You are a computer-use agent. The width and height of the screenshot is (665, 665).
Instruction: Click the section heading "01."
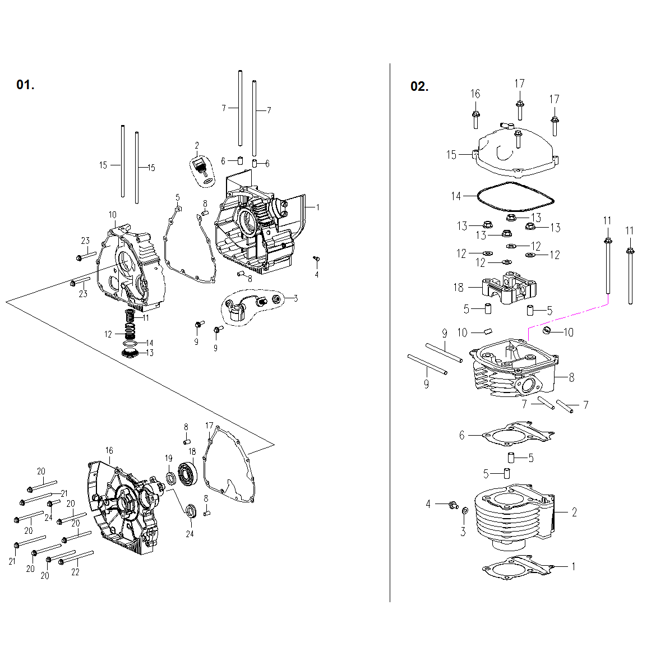(25, 85)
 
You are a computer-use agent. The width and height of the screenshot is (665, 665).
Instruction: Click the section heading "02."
(419, 86)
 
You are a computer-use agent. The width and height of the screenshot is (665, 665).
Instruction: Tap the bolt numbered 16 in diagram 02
(476, 119)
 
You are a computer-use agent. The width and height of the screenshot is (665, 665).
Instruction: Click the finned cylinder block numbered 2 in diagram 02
(513, 519)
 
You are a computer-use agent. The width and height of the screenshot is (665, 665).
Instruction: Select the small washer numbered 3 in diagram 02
(465, 511)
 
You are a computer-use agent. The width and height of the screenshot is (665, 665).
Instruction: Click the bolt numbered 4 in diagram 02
(451, 505)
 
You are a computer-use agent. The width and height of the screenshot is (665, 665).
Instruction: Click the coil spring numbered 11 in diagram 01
(131, 322)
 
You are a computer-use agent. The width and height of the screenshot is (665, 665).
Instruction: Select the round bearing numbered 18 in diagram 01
(187, 473)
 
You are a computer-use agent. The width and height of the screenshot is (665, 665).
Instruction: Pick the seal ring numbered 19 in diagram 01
(170, 478)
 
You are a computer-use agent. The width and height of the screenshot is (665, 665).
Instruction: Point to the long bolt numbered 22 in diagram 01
(76, 557)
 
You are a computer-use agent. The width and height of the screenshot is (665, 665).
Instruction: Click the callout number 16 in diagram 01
(109, 450)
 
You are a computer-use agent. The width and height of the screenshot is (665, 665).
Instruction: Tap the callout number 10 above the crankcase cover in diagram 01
(112, 215)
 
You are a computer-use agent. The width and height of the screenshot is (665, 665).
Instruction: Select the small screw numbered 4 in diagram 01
(316, 258)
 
